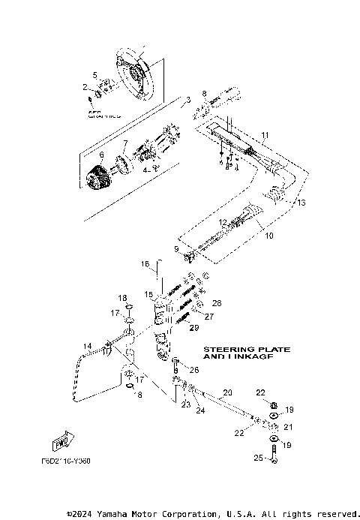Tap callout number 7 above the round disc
point(125,143)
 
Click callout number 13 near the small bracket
point(301,203)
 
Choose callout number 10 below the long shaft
point(270,235)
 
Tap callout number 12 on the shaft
point(223,222)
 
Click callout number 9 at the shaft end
point(177,248)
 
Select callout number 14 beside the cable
point(87,346)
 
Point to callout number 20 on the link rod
point(228,392)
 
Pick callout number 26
point(194,370)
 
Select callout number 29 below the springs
point(193,328)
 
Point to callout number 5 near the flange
point(95,74)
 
